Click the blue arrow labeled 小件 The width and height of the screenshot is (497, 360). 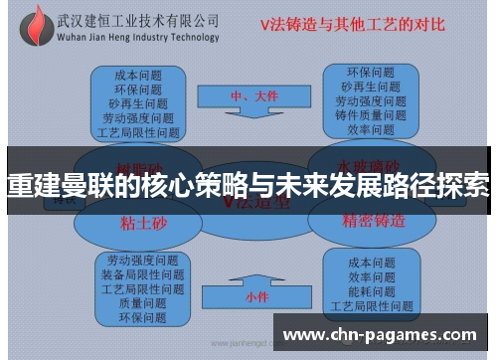coord(255,295)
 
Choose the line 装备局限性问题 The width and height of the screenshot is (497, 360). coord(142,273)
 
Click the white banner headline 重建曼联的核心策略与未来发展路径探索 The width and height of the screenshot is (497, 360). coord(248,185)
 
